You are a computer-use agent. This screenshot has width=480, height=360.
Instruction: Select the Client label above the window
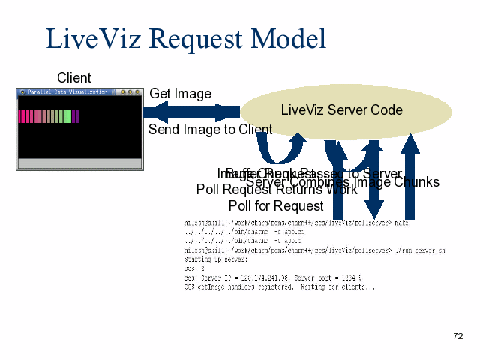74,78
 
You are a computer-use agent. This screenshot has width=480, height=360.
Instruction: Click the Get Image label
180,94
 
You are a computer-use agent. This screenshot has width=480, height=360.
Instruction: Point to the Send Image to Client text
210,130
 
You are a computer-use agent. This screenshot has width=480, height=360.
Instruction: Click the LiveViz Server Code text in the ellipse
341,110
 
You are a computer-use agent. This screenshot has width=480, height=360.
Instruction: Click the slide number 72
458,336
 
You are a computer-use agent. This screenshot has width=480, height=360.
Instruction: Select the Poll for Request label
276,205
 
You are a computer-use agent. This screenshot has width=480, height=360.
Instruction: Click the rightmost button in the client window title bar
136,92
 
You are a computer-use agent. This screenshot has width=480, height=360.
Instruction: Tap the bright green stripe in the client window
68,116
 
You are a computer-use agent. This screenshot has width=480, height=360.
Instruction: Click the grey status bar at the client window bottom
79,163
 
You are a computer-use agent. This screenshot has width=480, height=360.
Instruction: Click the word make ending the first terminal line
401,223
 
